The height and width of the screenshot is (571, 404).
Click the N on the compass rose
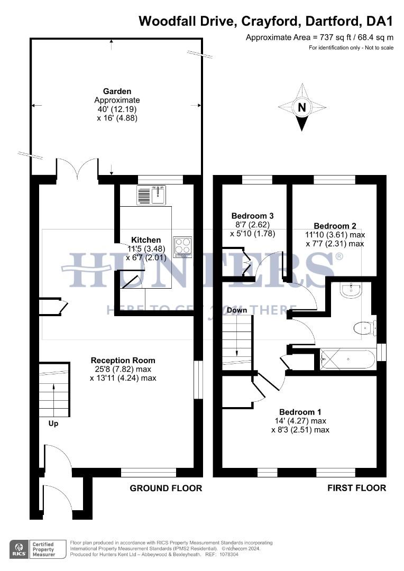(x=302, y=108)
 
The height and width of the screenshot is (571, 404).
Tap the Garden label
(x=117, y=91)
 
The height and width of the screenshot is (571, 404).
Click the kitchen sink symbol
(x=151, y=195)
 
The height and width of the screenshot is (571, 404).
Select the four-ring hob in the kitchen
(x=182, y=247)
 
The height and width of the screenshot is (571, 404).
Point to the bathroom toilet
(x=364, y=328)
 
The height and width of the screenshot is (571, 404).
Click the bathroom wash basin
(x=350, y=290)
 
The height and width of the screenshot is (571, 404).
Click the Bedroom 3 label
(x=252, y=216)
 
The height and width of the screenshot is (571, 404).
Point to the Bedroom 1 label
(x=300, y=411)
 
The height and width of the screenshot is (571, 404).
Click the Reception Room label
(x=123, y=360)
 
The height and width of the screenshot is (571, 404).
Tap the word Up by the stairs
(x=53, y=423)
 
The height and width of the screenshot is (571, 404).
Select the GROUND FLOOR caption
(x=166, y=488)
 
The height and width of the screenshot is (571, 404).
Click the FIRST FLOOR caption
(x=356, y=488)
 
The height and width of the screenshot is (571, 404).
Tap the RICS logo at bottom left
(x=19, y=548)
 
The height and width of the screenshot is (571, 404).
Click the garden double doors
(x=77, y=169)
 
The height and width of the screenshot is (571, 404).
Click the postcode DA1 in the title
(x=381, y=21)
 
